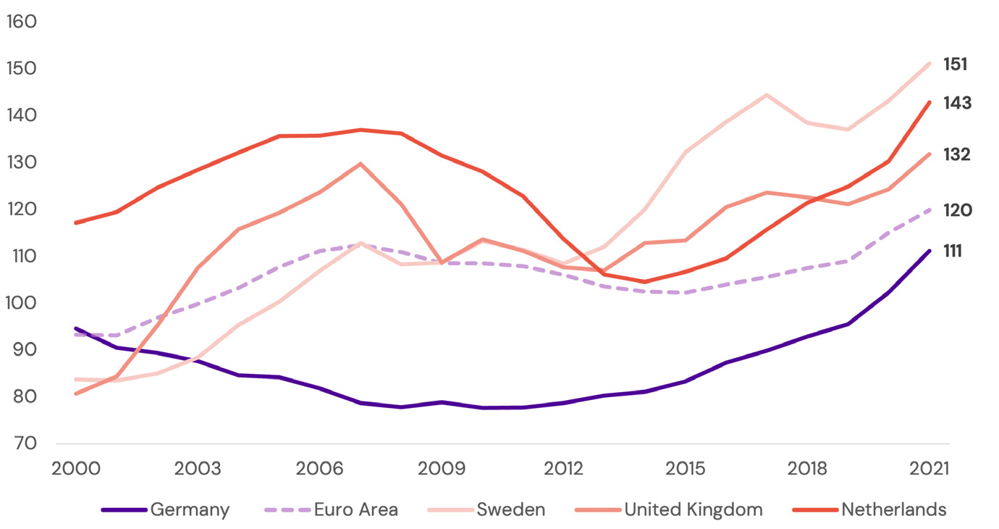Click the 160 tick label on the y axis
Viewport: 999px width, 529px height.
(x=21, y=22)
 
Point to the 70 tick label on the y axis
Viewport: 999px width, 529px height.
(x=22, y=443)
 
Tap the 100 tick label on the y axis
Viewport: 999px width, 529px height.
(x=21, y=303)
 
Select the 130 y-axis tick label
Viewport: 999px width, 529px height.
(x=21, y=162)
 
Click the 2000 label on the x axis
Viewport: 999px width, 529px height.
(x=76, y=468)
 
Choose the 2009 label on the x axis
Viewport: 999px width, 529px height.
(x=442, y=468)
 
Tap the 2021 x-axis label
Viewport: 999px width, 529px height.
(x=928, y=468)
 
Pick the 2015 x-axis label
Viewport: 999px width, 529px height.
(x=685, y=468)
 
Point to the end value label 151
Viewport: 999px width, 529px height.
(x=955, y=64)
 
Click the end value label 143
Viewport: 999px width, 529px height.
(x=957, y=103)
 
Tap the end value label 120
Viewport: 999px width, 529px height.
(x=957, y=211)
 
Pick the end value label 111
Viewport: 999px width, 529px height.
(x=955, y=251)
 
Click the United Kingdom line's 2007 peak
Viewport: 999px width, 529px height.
(x=361, y=164)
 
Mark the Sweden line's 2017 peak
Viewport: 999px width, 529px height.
(x=766, y=95)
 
